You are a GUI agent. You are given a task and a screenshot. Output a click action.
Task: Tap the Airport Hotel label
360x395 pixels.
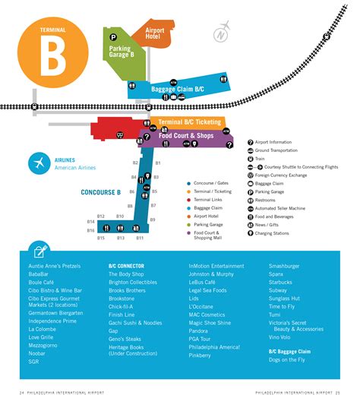154,35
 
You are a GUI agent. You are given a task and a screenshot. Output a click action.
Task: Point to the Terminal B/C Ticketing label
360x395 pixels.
190,122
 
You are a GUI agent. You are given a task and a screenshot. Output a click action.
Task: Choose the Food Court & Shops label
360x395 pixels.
187,135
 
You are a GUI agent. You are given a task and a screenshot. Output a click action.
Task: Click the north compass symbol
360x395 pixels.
220,34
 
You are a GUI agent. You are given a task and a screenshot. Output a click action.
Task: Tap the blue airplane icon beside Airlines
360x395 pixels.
38,163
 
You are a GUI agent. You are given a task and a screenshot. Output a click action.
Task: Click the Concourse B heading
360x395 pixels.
101,192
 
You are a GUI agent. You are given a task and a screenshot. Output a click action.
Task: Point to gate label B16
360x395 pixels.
90,230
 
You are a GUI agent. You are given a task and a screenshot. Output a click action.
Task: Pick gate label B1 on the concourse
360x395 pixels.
158,163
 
